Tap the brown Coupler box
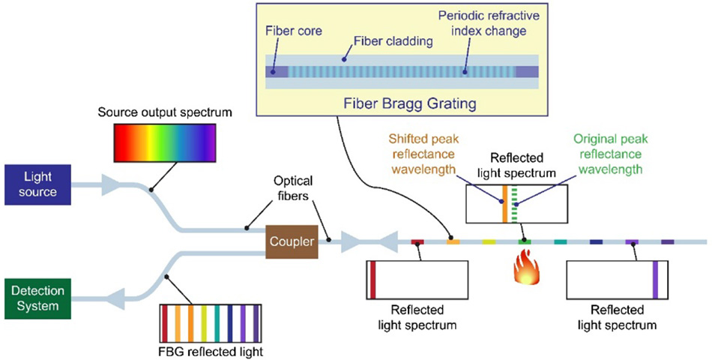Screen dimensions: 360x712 coord(289,241)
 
